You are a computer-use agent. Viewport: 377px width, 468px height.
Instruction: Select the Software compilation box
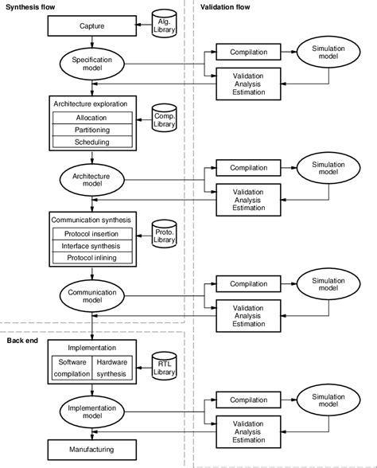72,367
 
